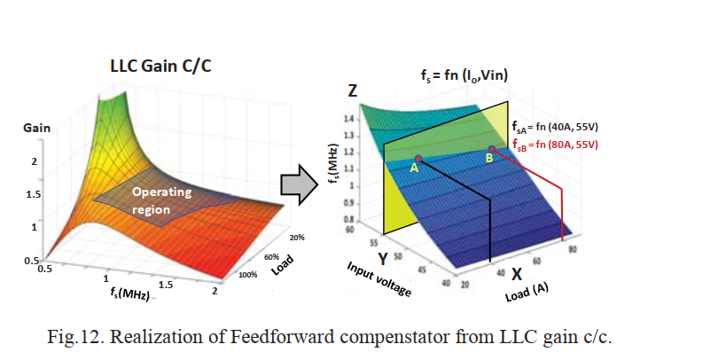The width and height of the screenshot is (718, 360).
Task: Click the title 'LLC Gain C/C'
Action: pyautogui.click(x=160, y=66)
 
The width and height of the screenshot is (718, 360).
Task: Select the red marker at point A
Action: pyautogui.click(x=418, y=159)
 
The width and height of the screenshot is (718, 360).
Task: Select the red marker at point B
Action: pyautogui.click(x=491, y=149)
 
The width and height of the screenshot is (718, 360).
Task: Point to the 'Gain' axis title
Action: pyautogui.click(x=37, y=128)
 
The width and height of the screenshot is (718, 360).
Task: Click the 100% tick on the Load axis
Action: pyautogui.click(x=247, y=275)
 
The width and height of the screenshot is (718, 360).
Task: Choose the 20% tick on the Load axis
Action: pyautogui.click(x=297, y=238)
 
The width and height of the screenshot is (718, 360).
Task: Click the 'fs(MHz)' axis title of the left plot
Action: pyautogui.click(x=130, y=293)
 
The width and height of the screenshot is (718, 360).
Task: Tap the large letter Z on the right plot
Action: pyautogui.click(x=352, y=90)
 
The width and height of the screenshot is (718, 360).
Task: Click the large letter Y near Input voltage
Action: pyautogui.click(x=382, y=259)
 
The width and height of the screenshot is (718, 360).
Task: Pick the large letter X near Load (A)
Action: pyautogui.click(x=517, y=274)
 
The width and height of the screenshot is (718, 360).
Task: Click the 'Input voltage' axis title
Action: pyautogui.click(x=379, y=279)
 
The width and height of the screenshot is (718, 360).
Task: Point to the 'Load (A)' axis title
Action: pyautogui.click(x=527, y=292)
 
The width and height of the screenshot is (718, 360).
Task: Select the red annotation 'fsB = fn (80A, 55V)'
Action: pyautogui.click(x=555, y=145)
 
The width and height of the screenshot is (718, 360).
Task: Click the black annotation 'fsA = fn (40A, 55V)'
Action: pyautogui.click(x=555, y=127)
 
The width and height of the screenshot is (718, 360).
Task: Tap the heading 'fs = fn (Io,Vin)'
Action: pyautogui.click(x=464, y=74)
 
